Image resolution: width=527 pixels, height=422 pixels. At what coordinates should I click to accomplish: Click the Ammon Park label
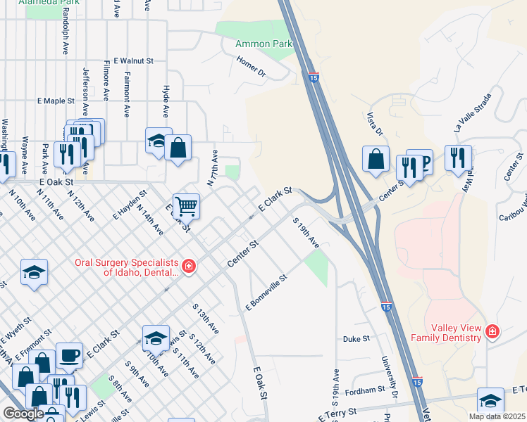263,44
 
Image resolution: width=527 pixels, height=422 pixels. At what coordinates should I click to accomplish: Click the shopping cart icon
186,206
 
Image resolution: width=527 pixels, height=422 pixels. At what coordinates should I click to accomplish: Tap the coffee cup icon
68,356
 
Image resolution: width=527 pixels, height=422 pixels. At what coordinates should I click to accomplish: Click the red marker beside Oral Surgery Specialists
188,266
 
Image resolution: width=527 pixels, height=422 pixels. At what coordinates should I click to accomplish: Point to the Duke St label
356,339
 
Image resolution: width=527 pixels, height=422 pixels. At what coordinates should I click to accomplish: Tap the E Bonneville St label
266,293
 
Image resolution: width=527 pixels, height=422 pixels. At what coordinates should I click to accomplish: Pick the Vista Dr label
374,123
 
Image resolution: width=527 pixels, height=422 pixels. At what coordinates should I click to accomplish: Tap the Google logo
23,414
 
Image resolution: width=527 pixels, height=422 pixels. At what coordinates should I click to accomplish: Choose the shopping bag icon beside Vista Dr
376,159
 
